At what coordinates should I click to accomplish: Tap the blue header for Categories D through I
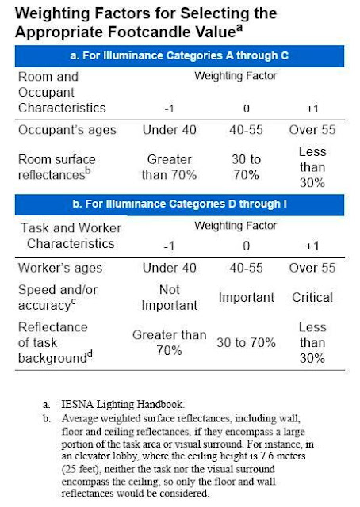(180, 205)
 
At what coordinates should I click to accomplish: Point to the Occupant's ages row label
(67, 130)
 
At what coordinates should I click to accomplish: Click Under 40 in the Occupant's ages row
(170, 130)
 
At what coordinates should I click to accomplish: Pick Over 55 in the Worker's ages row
(315, 267)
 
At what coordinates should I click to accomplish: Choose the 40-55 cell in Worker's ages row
(247, 267)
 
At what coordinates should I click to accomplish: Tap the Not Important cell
(170, 298)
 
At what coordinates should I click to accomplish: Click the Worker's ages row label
(60, 267)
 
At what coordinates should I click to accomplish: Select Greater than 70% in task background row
(170, 342)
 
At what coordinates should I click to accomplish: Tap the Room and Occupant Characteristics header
(60, 92)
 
